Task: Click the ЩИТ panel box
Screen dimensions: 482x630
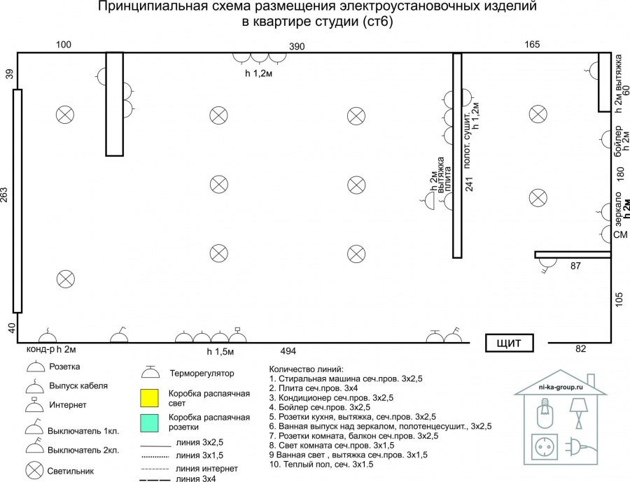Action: pos(510,343)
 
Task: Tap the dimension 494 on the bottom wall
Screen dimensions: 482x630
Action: pos(288,350)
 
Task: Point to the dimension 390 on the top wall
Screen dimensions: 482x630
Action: pos(298,45)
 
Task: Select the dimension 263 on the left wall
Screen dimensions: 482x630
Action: pos(6,200)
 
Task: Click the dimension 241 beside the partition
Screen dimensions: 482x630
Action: pos(470,183)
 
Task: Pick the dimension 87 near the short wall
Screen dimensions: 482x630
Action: pos(575,266)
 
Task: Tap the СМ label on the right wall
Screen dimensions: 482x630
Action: pos(620,236)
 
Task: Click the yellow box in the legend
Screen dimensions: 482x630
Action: pos(151,398)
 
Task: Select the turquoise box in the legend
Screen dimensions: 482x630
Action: pos(151,422)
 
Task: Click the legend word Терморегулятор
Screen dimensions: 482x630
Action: pos(202,373)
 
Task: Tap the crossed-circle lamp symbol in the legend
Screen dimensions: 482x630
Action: pos(34,469)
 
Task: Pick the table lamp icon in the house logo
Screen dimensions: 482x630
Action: pos(578,412)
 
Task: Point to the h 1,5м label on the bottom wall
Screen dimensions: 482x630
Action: pos(220,350)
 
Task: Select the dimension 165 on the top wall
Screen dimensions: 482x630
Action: pos(533,45)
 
